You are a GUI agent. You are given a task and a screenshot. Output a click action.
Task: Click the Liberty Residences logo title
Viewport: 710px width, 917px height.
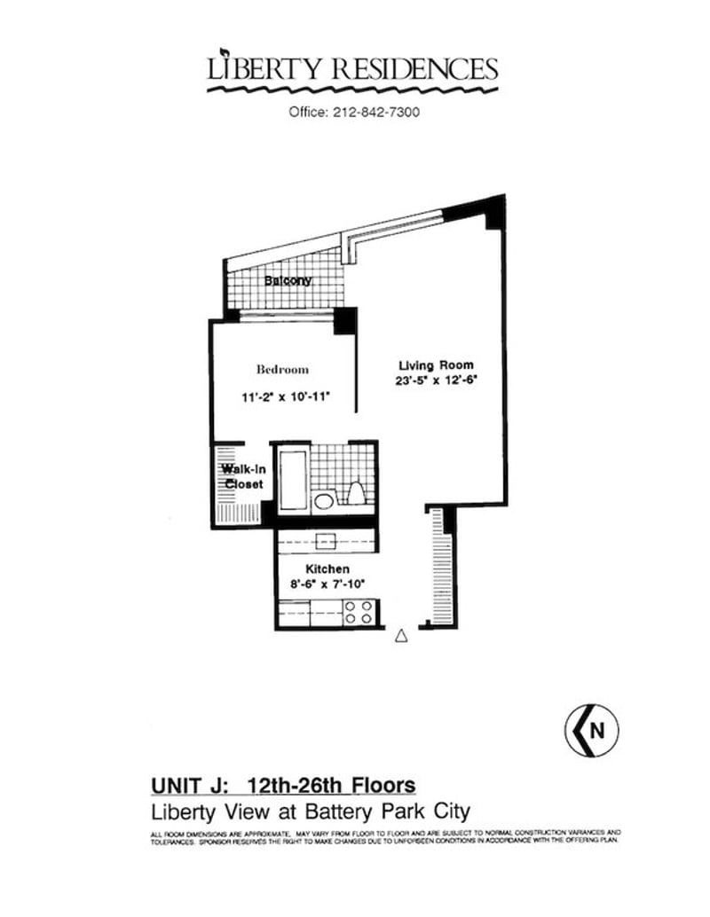tap(352, 70)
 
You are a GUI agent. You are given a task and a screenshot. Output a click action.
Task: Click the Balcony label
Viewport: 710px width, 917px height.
tap(288, 281)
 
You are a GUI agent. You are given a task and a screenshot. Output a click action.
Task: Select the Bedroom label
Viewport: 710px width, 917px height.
tap(282, 369)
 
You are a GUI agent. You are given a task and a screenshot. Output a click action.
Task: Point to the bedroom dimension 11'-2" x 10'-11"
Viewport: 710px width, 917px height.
tap(286, 397)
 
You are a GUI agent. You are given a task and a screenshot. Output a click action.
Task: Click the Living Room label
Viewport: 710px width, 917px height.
tap(435, 364)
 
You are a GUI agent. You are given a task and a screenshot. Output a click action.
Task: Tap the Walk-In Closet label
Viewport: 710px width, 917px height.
tap(241, 476)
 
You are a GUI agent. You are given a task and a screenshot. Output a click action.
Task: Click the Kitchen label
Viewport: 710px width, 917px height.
tap(327, 568)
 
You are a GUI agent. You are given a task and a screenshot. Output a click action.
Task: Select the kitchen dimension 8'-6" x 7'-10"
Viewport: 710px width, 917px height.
tap(327, 584)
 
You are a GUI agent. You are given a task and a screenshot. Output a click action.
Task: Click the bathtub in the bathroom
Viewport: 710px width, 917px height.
tap(293, 479)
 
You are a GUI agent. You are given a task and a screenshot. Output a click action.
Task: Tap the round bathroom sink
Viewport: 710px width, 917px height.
tap(325, 502)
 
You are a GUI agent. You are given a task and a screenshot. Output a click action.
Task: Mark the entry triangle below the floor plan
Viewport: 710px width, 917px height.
tap(400, 635)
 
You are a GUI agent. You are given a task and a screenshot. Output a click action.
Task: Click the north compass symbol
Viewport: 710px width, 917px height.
tap(590, 731)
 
